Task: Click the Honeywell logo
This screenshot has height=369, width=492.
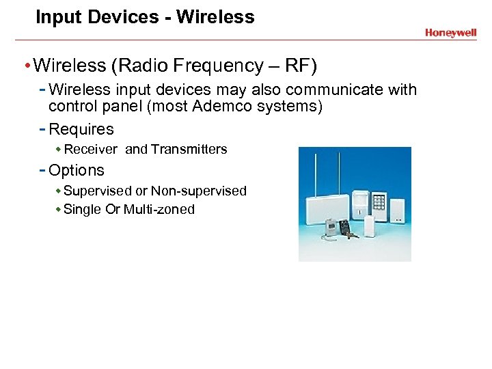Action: pos(450,32)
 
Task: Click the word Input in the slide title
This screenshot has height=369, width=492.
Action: pos(55,17)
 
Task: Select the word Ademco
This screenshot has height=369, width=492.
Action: pos(217,107)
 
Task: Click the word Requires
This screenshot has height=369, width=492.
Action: pos(81,129)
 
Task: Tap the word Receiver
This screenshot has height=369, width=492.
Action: pos(90,149)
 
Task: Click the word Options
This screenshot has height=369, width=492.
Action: pos(77,170)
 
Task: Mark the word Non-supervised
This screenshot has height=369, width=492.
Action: pos(198,191)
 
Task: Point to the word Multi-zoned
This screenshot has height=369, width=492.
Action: pos(159,209)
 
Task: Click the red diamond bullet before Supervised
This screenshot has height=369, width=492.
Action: pos(59,191)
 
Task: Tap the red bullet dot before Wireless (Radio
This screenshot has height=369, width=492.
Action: pos(26,66)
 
